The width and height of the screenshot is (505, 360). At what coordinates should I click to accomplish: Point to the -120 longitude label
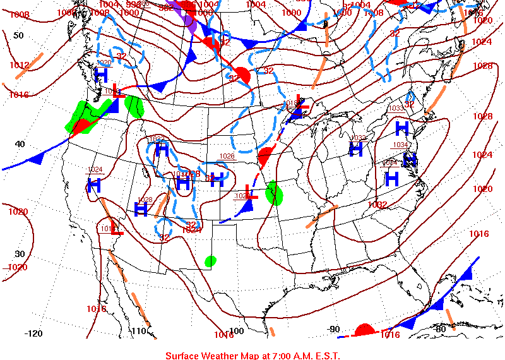(x=33, y=333)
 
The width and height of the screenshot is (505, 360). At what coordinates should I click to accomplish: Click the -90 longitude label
(x=335, y=329)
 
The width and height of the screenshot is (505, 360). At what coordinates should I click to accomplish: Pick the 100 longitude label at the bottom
(x=236, y=331)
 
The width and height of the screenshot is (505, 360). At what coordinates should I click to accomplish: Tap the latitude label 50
(x=18, y=35)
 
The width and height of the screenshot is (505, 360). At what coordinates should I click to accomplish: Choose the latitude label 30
(x=20, y=254)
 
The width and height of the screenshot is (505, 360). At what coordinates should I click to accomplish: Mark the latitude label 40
(x=20, y=144)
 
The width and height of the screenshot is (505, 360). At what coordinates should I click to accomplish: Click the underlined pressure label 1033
(x=396, y=109)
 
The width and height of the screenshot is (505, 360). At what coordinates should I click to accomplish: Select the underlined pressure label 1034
(x=401, y=145)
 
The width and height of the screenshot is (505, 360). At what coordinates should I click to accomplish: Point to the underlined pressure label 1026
(x=227, y=156)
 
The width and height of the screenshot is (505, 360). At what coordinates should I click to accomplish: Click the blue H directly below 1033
(x=402, y=128)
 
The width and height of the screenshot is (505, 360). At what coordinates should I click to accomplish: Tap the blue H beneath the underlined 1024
(x=95, y=185)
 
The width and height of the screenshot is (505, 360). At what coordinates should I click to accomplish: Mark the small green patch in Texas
(x=211, y=260)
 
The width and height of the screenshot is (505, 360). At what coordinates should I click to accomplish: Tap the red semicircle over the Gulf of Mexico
(x=364, y=330)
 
